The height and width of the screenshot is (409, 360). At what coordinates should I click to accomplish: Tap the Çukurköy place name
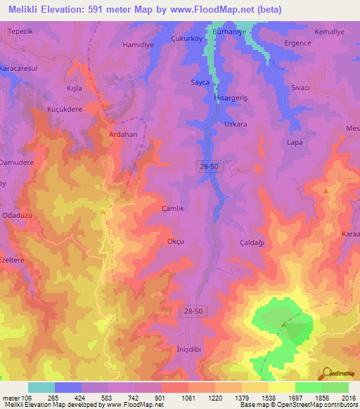(x=188, y=39)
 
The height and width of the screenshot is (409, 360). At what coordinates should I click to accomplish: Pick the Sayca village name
(x=201, y=82)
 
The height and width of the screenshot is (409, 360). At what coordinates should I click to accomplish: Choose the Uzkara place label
(x=236, y=124)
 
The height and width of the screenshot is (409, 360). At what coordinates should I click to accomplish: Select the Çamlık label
(x=173, y=209)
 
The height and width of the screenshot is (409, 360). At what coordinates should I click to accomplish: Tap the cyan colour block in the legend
(x=41, y=387)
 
